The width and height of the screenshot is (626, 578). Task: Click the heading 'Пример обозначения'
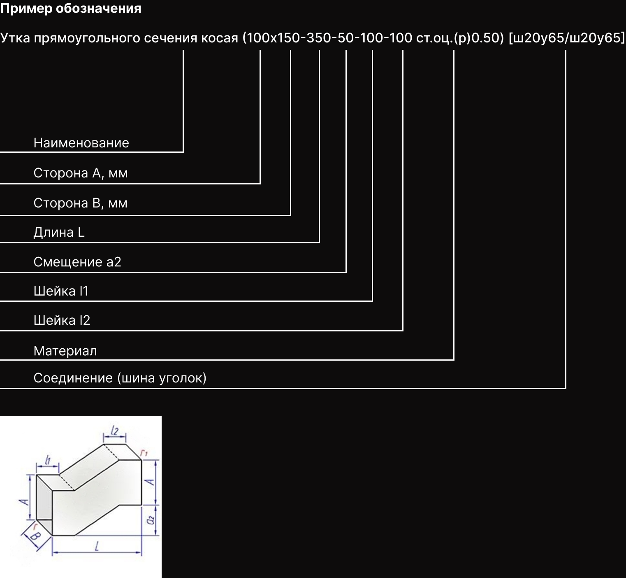(x=71, y=9)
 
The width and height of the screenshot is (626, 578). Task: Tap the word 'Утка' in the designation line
(x=15, y=38)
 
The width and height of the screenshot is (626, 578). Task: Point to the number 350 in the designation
(x=319, y=38)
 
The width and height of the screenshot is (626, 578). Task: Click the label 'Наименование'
(x=81, y=143)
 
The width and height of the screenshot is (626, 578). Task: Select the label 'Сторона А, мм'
(x=80, y=173)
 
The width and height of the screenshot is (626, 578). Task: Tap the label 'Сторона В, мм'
(x=80, y=203)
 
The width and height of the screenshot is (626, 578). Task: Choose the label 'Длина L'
(x=59, y=233)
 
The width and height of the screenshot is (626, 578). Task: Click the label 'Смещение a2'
(x=77, y=262)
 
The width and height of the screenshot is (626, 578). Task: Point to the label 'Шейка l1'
(x=61, y=291)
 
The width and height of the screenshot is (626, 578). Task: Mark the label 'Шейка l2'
(x=62, y=320)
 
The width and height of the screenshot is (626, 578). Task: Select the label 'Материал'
(x=65, y=351)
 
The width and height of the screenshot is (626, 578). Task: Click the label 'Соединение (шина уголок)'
(x=120, y=378)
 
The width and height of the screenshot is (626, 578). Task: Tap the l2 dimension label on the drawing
(x=115, y=431)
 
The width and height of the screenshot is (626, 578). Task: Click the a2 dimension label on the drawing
(x=151, y=520)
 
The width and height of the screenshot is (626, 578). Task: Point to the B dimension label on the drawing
(x=36, y=537)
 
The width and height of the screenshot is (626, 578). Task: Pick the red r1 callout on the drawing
(x=144, y=454)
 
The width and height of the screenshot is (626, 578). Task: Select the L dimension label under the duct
(x=97, y=547)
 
